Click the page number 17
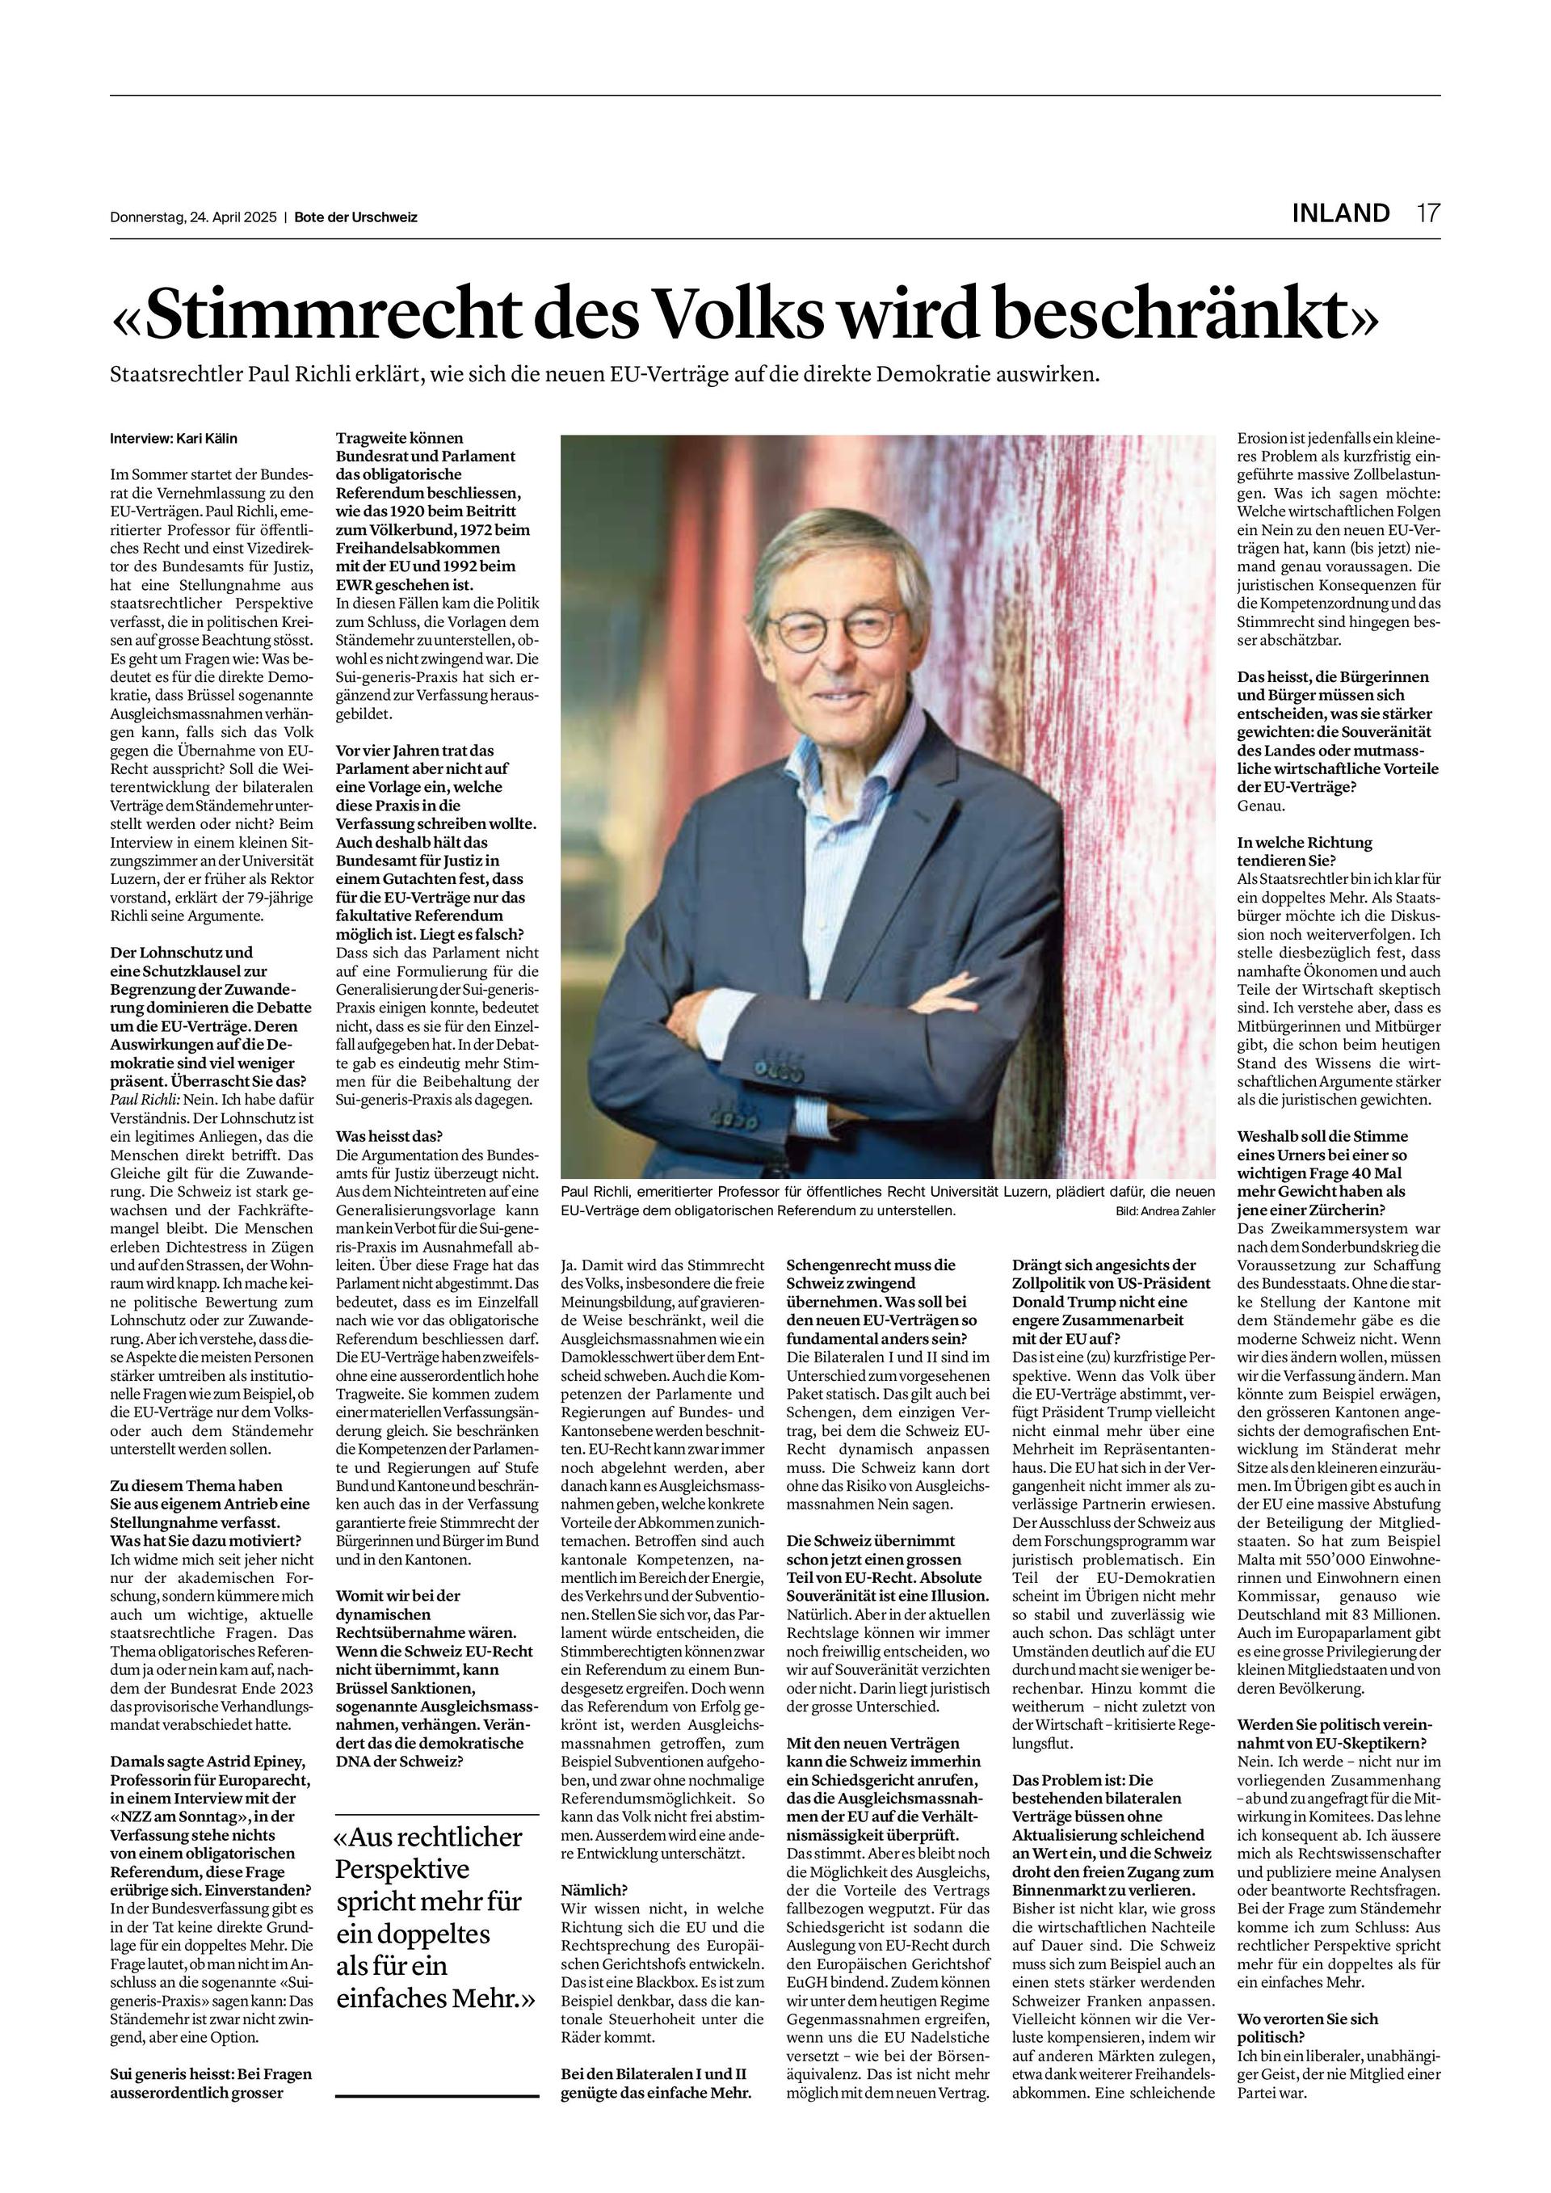pyautogui.click(x=1427, y=213)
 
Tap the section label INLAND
pyautogui.click(x=1340, y=213)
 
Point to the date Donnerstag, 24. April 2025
pyautogui.click(x=193, y=217)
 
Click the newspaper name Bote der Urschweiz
pyautogui.click(x=355, y=217)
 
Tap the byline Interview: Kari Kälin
pyautogui.click(x=174, y=439)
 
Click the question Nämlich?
pyautogui.click(x=594, y=1890)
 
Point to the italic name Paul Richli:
pyautogui.click(x=143, y=1101)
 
